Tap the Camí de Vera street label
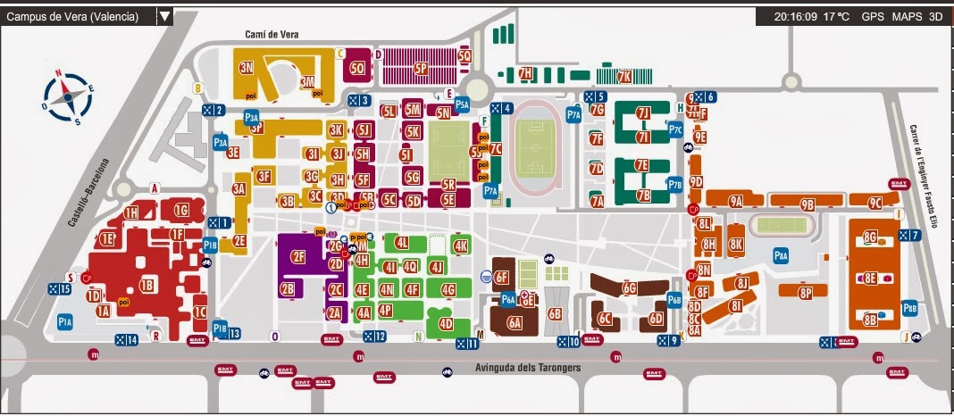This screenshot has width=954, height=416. (272, 35)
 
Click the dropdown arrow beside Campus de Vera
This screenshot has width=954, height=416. (164, 16)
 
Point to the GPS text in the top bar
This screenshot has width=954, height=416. (873, 16)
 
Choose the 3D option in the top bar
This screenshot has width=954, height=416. (935, 16)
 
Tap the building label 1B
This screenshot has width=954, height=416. (147, 286)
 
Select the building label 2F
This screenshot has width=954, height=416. (298, 257)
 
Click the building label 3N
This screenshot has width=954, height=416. (247, 68)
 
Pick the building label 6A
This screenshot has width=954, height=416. (515, 324)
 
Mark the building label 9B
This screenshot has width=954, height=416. (808, 204)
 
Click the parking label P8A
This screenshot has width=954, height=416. (781, 255)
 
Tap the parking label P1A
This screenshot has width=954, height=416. (64, 321)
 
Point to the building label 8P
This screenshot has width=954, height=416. (807, 292)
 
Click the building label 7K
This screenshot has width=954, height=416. (624, 76)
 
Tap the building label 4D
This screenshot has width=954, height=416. (445, 323)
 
